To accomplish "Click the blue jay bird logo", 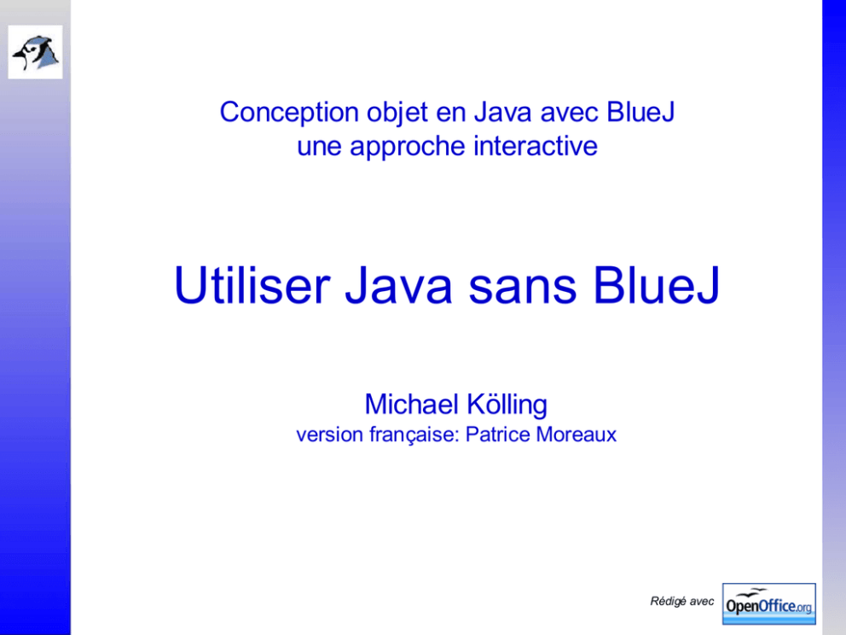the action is [35, 52].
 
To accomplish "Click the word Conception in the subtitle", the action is [289, 113].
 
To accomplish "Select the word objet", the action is [397, 114].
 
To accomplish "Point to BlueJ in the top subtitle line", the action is [640, 113].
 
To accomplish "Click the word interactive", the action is [536, 146].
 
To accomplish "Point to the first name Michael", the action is [412, 404].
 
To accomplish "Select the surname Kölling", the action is [507, 405].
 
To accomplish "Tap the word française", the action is [414, 434].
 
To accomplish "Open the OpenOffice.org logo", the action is [769, 603].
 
